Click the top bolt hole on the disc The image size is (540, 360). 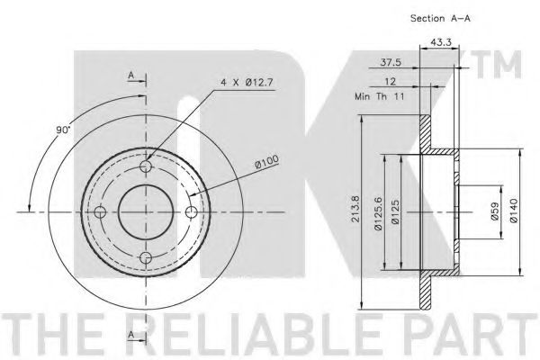pyautogui.click(x=147, y=166)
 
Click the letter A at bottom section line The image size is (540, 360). pyautogui.click(x=131, y=336)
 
